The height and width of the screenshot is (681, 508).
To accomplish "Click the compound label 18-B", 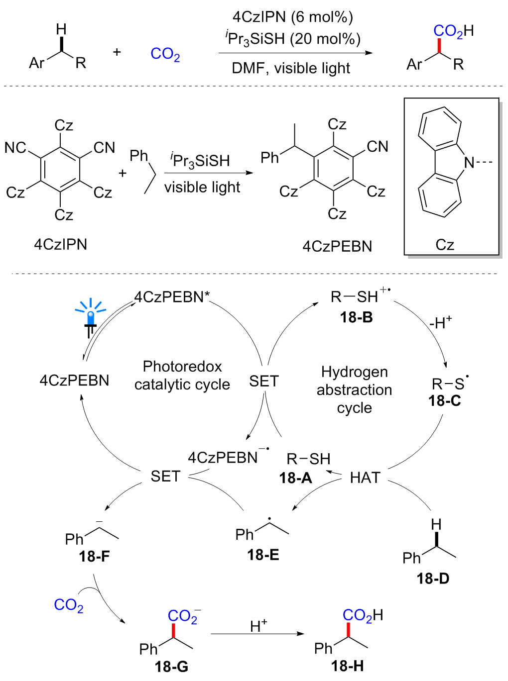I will (x=356, y=317).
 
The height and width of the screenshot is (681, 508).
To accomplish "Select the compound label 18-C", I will (x=445, y=400).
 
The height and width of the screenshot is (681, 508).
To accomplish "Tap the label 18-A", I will (x=295, y=478).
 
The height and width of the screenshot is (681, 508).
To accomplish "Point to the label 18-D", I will (x=433, y=578).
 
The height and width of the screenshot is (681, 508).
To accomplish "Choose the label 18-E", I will (x=263, y=555).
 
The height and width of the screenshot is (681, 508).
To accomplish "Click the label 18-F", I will (x=94, y=556).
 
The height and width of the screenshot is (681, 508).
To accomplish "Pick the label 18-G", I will (x=171, y=666).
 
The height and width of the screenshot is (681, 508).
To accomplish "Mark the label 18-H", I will (x=347, y=666).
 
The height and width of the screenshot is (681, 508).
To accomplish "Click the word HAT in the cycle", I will (x=365, y=478).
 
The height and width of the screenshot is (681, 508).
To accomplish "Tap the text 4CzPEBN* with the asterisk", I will (x=172, y=297).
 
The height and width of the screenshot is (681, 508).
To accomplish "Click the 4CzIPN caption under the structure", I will (x=60, y=244).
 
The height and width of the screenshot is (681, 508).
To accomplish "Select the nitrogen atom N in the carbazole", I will (x=469, y=162).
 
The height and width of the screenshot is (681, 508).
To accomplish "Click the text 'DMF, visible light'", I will (x=291, y=68).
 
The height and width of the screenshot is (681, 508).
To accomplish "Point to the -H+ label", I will (x=440, y=323).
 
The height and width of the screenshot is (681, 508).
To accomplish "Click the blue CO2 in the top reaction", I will (x=165, y=54).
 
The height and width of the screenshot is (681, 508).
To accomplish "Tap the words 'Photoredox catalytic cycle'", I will (x=182, y=376).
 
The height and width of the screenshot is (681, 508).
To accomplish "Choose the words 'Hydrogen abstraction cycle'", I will (x=354, y=389).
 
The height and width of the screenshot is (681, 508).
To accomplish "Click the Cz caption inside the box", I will (x=445, y=245).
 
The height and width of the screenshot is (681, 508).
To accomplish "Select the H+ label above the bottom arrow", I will (x=258, y=625).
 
